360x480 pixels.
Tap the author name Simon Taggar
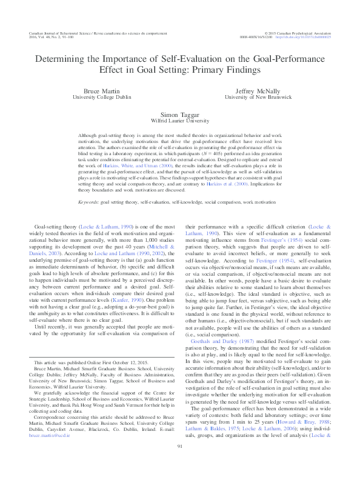pos(179,113)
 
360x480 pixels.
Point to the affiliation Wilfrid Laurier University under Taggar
pos(179,120)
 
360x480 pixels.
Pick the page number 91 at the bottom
pos(180,464)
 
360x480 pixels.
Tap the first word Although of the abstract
pos(91,139)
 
